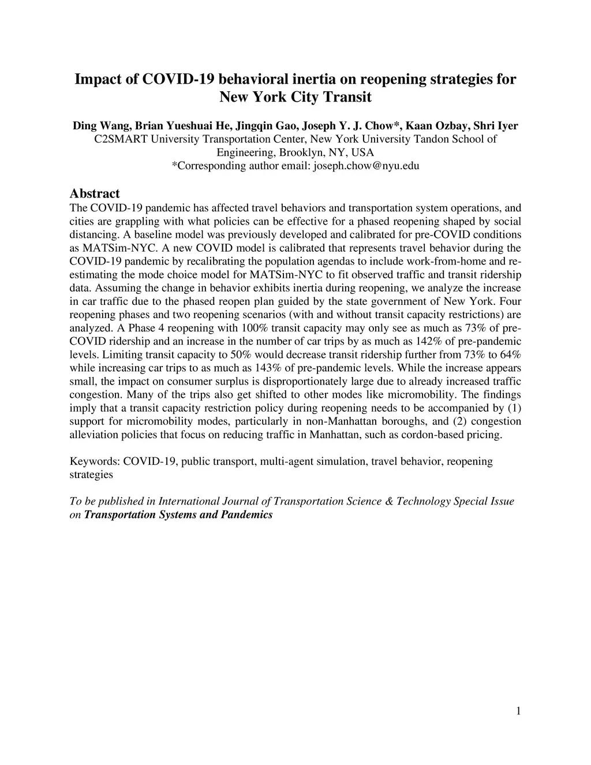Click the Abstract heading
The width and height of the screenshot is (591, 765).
(x=94, y=193)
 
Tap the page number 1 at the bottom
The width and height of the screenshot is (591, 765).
(x=518, y=711)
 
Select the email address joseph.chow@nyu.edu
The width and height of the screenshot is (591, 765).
(x=366, y=166)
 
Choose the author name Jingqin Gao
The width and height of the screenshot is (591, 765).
(x=265, y=126)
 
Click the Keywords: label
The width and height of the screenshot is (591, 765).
(x=95, y=461)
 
